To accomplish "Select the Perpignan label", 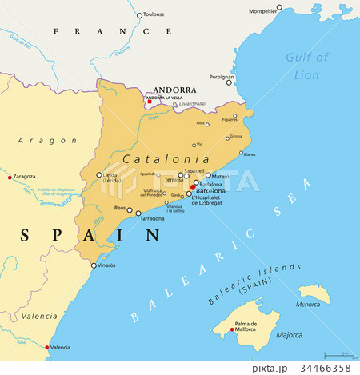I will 220,78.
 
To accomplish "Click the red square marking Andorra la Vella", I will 149,102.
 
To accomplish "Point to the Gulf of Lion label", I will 306,66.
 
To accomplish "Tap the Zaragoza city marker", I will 10,177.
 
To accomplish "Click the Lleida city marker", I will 99,174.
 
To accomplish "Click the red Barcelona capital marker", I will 192,187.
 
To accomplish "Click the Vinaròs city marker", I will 93,265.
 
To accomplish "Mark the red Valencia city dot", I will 46,347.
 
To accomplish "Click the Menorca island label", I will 308,304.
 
